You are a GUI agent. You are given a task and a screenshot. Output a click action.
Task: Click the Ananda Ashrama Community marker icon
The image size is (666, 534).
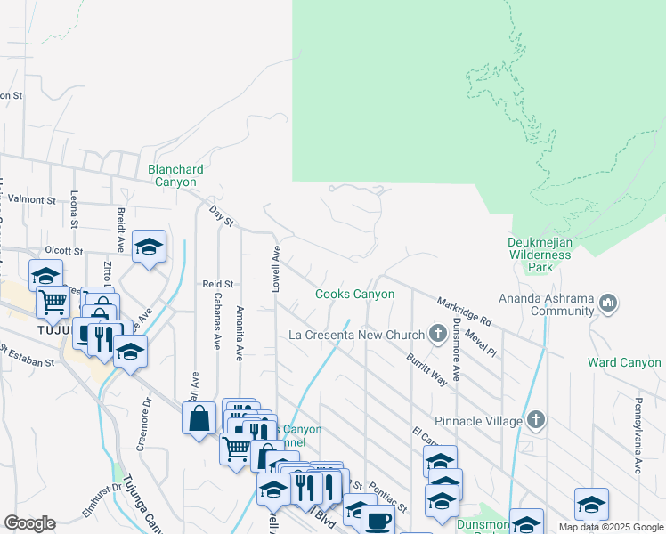click(x=609, y=303)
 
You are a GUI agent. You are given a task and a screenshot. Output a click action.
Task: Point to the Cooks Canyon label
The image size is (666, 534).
click(x=354, y=294)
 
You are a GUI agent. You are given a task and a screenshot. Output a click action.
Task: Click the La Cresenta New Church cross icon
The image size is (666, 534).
click(x=437, y=334)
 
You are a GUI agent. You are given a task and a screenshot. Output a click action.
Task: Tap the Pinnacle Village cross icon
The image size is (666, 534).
click(x=536, y=418)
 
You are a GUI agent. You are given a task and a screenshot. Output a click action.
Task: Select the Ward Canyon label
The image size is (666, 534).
click(x=624, y=362)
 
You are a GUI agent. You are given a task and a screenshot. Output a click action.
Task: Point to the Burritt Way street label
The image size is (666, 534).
click(x=426, y=368)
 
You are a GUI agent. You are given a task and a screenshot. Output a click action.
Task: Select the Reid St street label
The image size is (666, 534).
click(x=217, y=284)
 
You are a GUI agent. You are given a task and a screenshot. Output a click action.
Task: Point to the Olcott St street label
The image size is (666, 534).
click(x=64, y=252)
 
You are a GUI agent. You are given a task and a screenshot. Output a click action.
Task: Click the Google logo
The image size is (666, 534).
click(x=29, y=523)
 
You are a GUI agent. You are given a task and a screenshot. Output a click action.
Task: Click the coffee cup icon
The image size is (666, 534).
click(x=377, y=519)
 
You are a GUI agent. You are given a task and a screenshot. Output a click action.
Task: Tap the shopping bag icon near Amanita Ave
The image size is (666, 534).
click(x=199, y=417)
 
